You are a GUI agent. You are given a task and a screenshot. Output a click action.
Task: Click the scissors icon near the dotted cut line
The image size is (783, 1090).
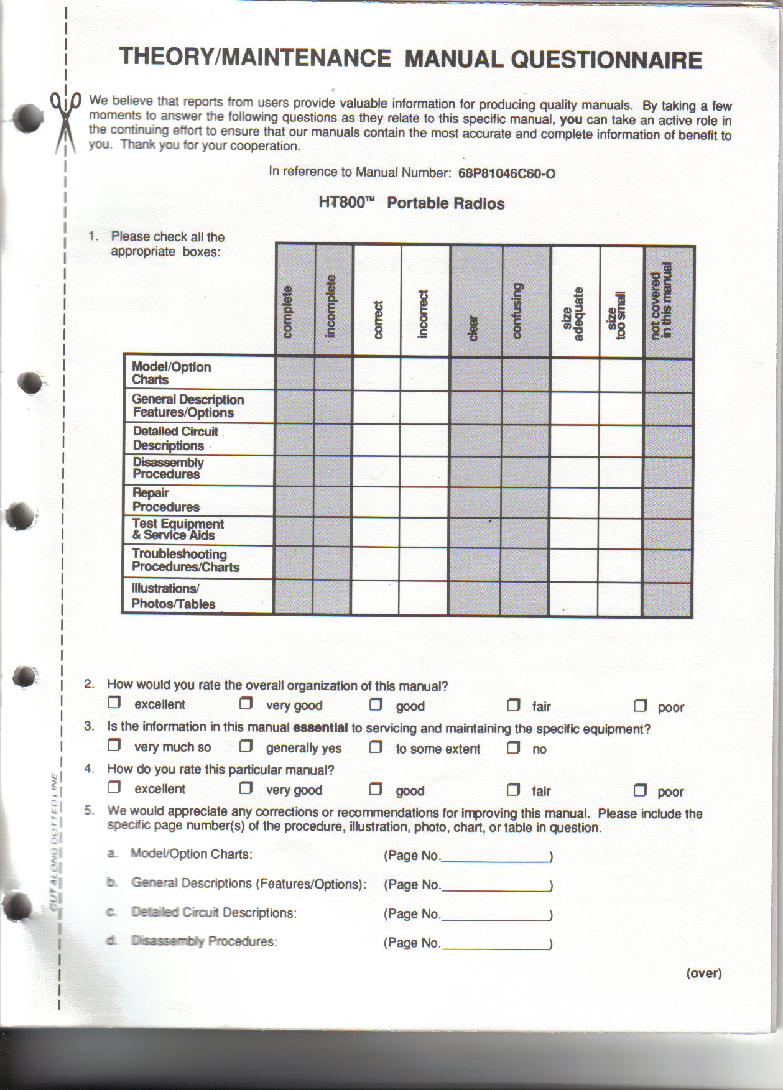[x=65, y=121]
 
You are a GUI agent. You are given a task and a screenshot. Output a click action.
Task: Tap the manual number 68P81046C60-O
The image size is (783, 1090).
[x=506, y=173]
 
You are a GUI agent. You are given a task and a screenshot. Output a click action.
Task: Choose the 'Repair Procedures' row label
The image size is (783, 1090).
[x=166, y=501]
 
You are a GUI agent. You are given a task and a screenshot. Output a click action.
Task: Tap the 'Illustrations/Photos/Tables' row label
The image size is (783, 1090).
[x=174, y=596]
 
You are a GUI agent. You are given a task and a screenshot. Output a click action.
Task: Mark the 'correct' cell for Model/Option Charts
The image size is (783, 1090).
[x=376, y=373]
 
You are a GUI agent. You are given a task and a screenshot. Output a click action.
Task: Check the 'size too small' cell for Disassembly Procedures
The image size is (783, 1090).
[x=621, y=471]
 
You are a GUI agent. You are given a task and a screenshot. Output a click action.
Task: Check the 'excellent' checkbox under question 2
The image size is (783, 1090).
[x=114, y=703]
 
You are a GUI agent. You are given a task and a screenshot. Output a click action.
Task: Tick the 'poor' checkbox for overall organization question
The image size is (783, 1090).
[x=641, y=706]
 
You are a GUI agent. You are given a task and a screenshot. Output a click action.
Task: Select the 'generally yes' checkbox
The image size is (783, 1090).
[x=246, y=746]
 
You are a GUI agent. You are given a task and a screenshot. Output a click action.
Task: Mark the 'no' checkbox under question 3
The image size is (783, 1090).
[x=514, y=747]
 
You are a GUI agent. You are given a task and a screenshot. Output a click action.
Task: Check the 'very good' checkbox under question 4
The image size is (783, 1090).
[x=246, y=788]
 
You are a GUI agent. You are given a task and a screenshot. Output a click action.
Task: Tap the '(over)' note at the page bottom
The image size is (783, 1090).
[x=704, y=974]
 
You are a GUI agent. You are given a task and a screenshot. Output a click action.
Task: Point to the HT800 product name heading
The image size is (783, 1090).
[x=411, y=203]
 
